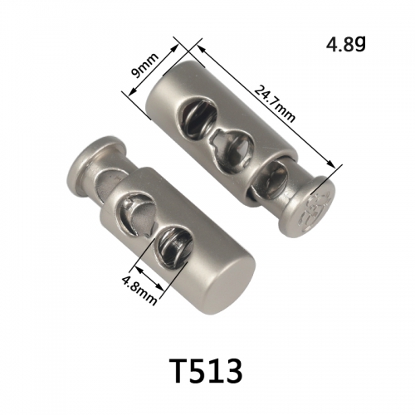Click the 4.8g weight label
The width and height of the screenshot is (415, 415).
point(346,44)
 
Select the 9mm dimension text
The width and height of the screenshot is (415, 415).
point(145,66)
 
